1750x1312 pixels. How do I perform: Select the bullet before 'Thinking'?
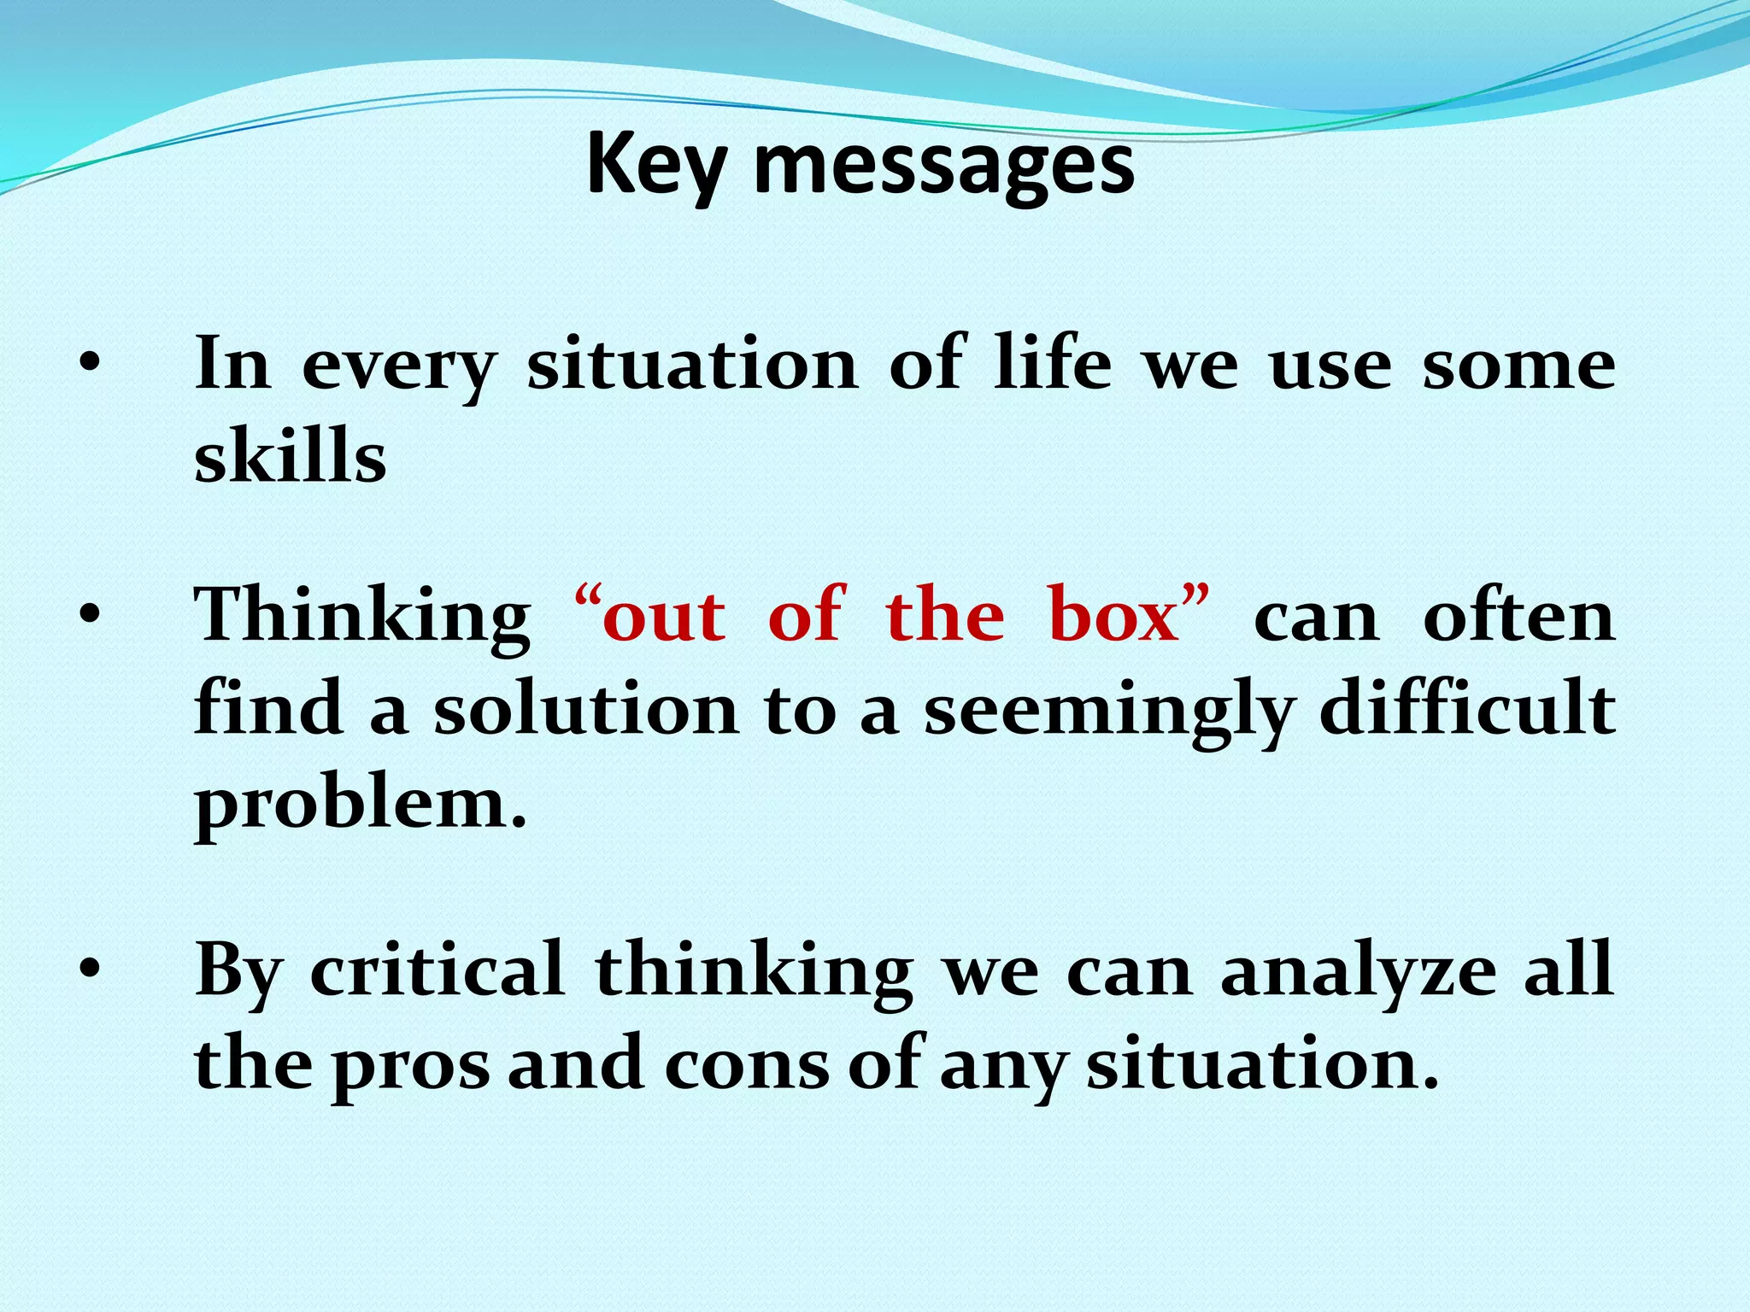(x=88, y=615)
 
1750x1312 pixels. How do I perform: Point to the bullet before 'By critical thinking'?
(x=88, y=969)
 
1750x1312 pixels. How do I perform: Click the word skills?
(x=290, y=456)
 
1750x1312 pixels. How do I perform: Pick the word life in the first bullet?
(x=1053, y=363)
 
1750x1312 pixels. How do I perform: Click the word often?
(x=1518, y=615)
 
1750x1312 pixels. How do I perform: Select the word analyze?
(x=1358, y=972)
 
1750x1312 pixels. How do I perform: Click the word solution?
(x=586, y=709)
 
